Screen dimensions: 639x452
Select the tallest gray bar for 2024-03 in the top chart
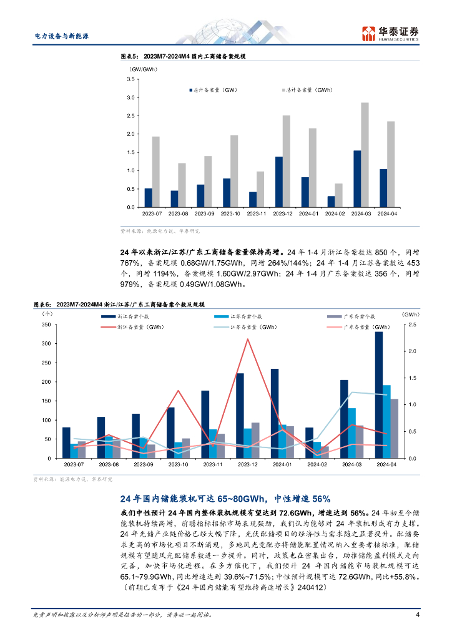(365, 155)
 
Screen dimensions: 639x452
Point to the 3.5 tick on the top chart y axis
(130, 80)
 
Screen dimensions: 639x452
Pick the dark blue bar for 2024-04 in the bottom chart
(379, 394)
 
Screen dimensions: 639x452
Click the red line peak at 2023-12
(248, 339)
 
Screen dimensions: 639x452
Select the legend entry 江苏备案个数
(238, 316)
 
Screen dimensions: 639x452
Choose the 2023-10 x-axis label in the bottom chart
(179, 465)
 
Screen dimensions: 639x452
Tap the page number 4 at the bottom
(417, 615)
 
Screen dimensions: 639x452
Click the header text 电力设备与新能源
(61, 36)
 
